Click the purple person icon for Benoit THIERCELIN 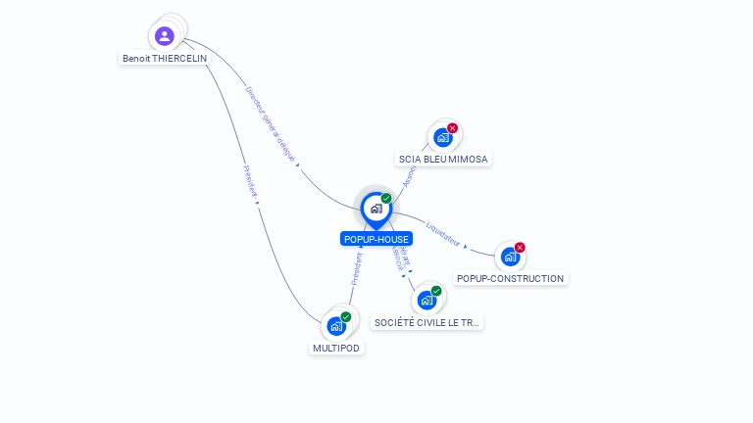pos(164,36)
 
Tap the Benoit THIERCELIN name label pos(165,59)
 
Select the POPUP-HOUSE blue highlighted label pos(376,239)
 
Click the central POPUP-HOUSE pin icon pos(376,209)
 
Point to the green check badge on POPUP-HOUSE pos(386,199)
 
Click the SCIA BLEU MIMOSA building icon pos(442,138)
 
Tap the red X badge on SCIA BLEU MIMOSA pos(452,128)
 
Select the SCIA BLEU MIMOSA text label pos(443,159)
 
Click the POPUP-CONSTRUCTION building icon pos(509,257)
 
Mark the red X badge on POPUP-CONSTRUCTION pos(520,248)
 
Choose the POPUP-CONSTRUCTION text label pos(511,278)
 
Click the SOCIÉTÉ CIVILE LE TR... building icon pos(426,301)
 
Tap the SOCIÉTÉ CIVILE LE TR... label pos(427,322)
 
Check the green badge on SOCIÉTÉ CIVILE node pos(436,291)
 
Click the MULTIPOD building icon pos(336,326)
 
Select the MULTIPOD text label pos(336,348)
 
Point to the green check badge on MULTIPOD pos(346,317)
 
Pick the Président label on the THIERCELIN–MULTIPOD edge pos(249,183)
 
